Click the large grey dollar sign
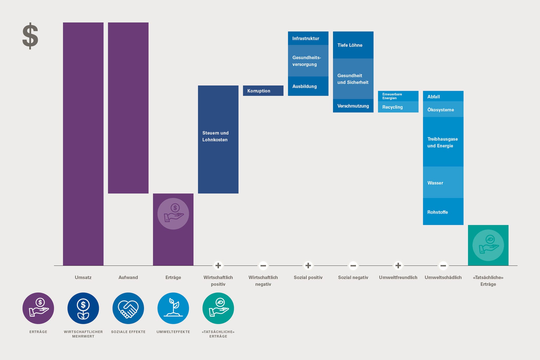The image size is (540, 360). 30,36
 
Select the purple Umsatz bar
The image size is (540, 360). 83,144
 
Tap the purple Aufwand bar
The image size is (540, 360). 128,108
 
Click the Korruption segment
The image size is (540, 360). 263,91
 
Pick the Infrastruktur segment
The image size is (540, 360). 308,39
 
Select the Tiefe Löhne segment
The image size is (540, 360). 353,45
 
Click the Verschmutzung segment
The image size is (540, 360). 353,106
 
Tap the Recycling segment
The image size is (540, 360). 398,107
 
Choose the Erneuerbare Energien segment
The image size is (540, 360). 398,96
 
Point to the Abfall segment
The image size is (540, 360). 443,97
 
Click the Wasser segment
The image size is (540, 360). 443,183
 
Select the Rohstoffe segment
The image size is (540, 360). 443,212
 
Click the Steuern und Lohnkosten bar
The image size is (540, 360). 218,140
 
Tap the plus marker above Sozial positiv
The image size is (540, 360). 308,265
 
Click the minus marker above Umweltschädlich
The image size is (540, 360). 443,265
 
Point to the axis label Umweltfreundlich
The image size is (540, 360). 398,277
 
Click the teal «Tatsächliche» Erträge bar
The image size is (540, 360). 488,245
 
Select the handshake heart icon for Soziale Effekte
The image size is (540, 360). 128,308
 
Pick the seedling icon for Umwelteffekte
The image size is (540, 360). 173,308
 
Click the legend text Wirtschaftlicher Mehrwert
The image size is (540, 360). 83,334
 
